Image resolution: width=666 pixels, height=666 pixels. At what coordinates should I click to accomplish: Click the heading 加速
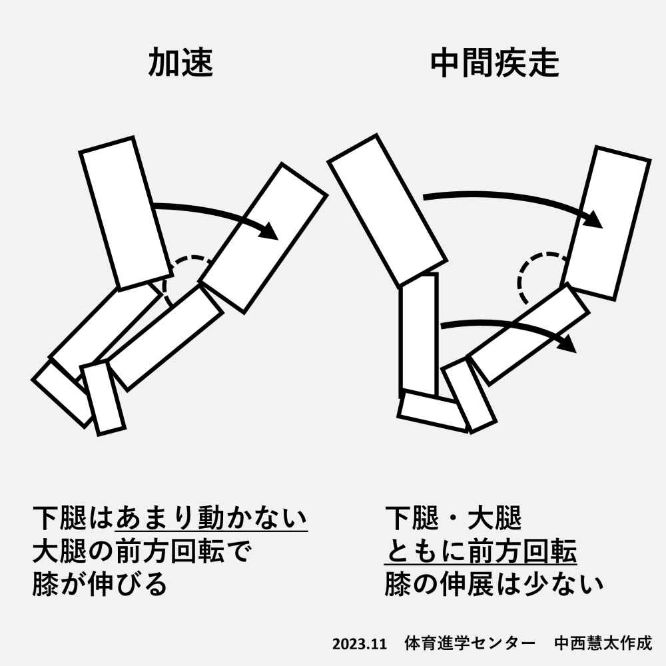[181, 63]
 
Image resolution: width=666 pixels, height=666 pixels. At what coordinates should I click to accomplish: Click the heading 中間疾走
[495, 64]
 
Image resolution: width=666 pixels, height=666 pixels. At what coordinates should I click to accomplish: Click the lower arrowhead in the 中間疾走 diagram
[567, 344]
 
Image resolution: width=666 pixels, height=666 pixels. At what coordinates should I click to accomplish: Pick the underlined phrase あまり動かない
[211, 517]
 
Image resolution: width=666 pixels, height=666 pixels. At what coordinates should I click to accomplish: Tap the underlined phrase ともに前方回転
[481, 551]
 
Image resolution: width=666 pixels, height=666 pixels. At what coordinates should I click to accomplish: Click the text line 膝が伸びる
[100, 584]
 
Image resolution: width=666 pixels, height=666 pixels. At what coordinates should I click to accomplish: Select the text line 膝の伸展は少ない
[494, 584]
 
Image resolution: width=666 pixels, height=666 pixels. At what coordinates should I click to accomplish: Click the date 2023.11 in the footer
[360, 644]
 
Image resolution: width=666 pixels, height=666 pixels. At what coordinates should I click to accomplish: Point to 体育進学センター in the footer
[470, 643]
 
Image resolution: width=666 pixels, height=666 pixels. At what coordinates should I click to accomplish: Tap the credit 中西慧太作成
[603, 643]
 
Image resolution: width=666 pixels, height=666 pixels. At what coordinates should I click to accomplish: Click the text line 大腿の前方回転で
[143, 551]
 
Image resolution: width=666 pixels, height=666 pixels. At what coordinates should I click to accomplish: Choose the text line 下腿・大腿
[453, 517]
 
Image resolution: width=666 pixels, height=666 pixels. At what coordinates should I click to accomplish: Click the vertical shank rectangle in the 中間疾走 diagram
[418, 335]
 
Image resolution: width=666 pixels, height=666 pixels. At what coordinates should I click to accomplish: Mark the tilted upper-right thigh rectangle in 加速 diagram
[263, 238]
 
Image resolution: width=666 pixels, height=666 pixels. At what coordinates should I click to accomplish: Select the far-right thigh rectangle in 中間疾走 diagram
[605, 223]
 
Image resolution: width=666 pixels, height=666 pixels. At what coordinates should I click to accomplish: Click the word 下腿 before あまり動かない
[60, 517]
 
